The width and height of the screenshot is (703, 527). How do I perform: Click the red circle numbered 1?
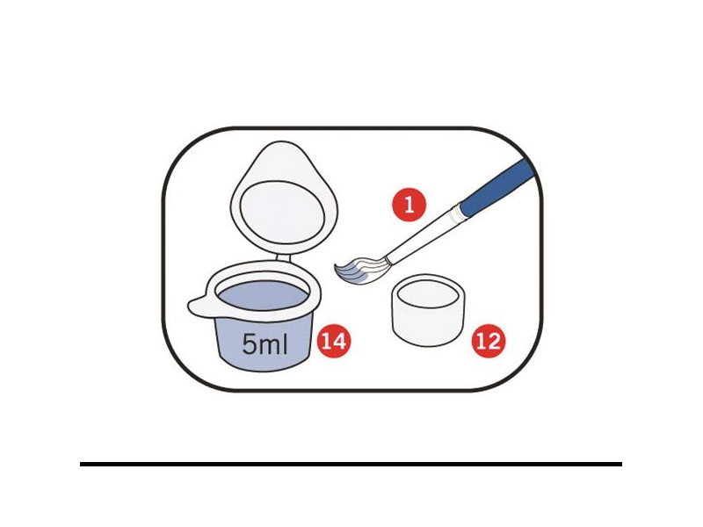tap(409, 205)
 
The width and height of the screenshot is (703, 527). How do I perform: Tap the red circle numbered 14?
tap(334, 341)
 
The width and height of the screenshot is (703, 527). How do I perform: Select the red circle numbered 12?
tap(489, 342)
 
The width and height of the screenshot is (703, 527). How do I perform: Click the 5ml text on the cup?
tap(265, 344)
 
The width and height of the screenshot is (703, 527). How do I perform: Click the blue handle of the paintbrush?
tap(496, 187)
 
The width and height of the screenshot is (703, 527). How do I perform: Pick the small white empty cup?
tap(428, 310)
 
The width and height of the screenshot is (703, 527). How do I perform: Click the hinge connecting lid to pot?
tap(282, 258)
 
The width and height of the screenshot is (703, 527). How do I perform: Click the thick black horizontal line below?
tap(351, 465)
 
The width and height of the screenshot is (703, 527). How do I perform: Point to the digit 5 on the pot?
tap(249, 344)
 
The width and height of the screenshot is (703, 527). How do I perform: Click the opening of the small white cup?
tap(428, 292)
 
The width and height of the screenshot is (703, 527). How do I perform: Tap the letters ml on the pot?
tap(273, 344)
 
